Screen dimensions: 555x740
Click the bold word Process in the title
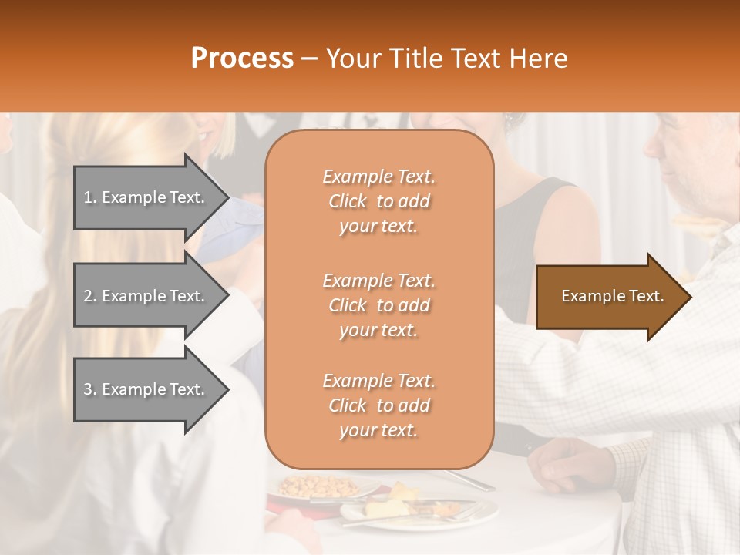tap(242, 59)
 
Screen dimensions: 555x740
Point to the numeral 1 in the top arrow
tap(88, 197)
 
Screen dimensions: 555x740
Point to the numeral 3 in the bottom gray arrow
tap(88, 389)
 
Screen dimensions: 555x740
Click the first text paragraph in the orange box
tap(378, 201)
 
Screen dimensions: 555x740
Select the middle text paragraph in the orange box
tap(378, 305)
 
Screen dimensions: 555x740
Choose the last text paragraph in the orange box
tap(378, 405)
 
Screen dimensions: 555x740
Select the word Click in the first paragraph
tap(347, 201)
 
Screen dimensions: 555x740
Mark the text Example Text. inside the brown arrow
tap(613, 296)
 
